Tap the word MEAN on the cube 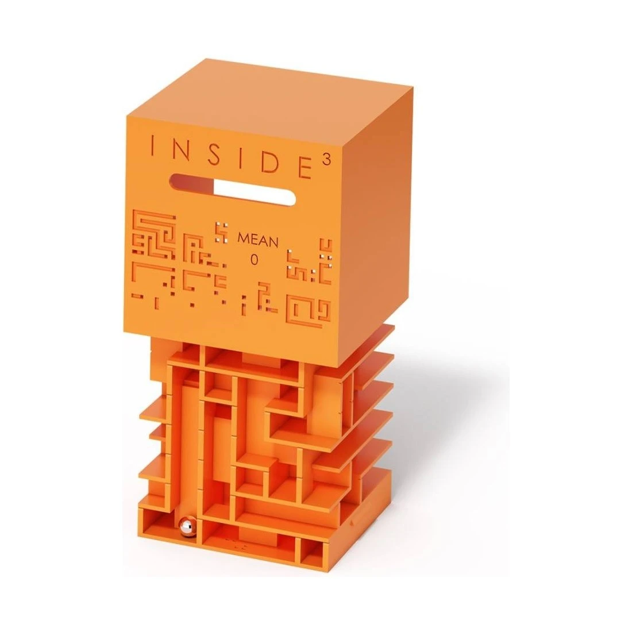[x=258, y=241]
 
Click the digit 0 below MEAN [x=254, y=260]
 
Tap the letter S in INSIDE [x=215, y=153]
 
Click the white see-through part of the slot [x=253, y=194]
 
